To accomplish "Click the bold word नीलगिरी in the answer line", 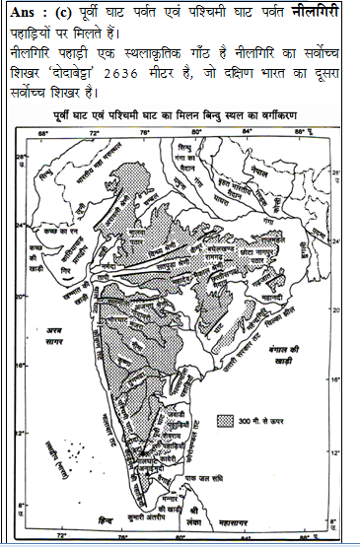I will (318, 13).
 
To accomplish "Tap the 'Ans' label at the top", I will (24, 13).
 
